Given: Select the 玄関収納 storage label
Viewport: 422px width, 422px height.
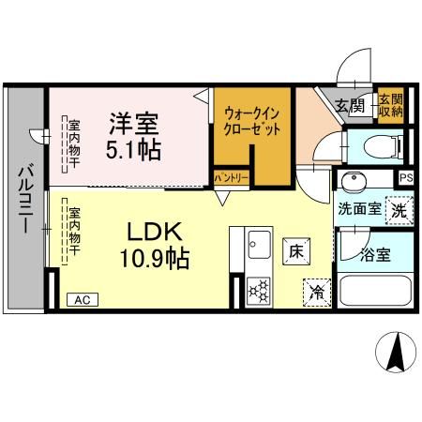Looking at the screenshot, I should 390,105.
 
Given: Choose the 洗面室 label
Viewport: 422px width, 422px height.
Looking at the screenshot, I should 359,208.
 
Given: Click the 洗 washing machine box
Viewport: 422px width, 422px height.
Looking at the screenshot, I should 399,210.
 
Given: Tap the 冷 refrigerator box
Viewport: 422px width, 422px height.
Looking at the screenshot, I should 317,293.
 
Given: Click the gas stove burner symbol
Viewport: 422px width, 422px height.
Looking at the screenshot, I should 259,290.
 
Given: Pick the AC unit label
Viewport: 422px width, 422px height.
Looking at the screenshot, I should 83,300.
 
